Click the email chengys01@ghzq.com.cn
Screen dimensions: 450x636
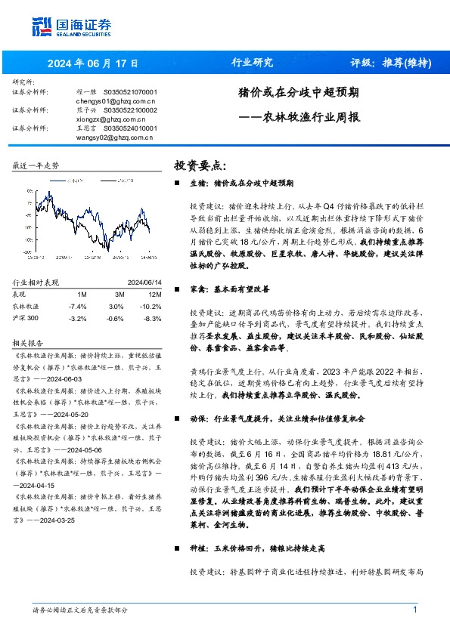116,100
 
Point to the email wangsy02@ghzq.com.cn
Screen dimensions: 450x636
116,137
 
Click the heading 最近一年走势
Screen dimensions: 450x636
36,165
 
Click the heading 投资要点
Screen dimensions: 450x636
200,165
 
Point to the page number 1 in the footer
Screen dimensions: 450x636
415,610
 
